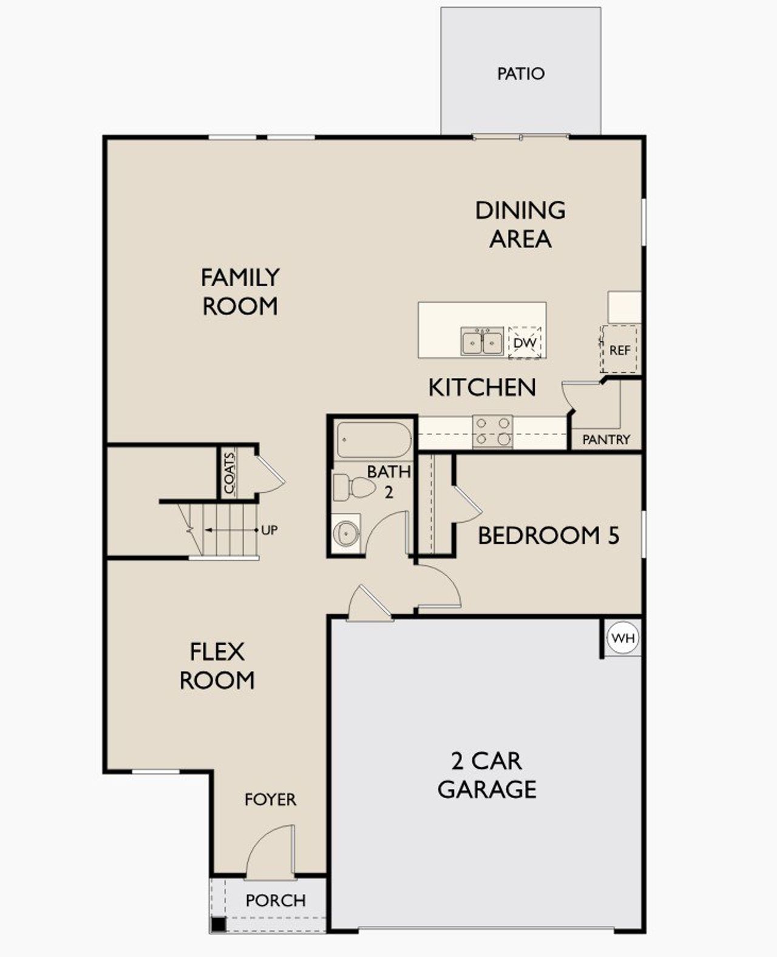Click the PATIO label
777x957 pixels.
pyautogui.click(x=520, y=74)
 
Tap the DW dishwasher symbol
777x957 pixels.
pyautogui.click(x=524, y=343)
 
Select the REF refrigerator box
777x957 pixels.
pyautogui.click(x=619, y=349)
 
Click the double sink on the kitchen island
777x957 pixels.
pyautogui.click(x=482, y=342)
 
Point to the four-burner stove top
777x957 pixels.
pyautogui.click(x=492, y=431)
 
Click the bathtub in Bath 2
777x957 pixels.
pyautogui.click(x=373, y=439)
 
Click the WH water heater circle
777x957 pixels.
pyautogui.click(x=623, y=638)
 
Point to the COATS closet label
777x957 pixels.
pyautogui.click(x=229, y=473)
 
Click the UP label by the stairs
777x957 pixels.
pyautogui.click(x=269, y=530)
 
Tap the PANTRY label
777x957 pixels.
pyautogui.click(x=606, y=440)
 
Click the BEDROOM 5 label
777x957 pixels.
pyautogui.click(x=548, y=536)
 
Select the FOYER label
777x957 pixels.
pyautogui.click(x=270, y=799)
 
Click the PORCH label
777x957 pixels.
pyautogui.click(x=275, y=901)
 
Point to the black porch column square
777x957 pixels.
pyautogui.click(x=218, y=925)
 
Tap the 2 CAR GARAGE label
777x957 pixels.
pyautogui.click(x=487, y=775)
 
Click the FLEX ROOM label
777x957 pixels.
pyautogui.click(x=217, y=666)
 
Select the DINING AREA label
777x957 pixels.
pyautogui.click(x=520, y=224)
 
